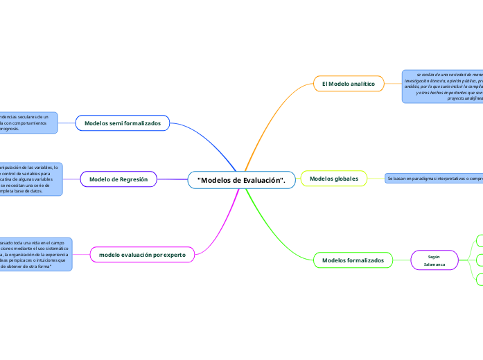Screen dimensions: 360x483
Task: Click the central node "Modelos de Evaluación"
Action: point(242,180)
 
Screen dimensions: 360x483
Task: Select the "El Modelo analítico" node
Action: point(348,84)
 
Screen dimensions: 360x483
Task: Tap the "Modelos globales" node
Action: point(333,179)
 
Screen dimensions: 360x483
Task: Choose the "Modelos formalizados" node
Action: point(353,260)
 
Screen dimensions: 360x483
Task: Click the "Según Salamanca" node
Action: point(434,260)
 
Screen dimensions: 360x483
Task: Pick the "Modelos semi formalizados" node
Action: point(122,123)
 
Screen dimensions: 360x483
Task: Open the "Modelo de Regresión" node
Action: point(118,179)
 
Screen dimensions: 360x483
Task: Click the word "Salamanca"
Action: point(434,264)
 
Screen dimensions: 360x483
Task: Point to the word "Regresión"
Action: point(133,179)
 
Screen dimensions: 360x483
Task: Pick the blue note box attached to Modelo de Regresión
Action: point(31,179)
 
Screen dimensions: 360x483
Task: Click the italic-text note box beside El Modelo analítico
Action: point(444,86)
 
